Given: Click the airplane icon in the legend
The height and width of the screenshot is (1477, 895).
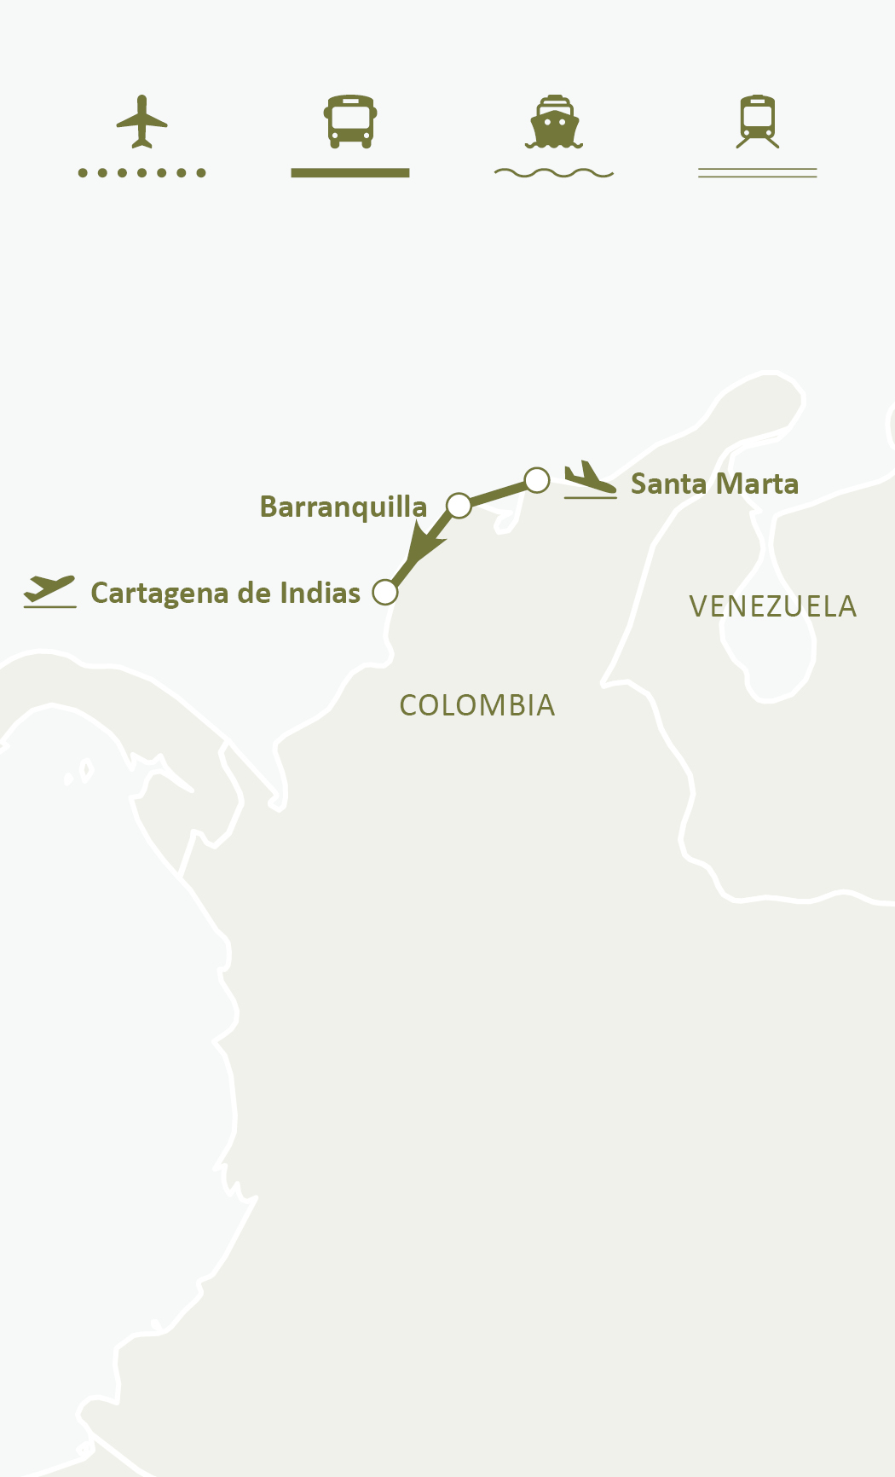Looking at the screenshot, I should pos(141,121).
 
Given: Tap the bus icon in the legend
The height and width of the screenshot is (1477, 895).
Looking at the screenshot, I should pos(350,121).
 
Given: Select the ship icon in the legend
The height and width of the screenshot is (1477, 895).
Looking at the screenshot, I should pos(554,121).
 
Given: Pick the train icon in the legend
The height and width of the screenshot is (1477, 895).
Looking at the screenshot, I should pos(758,121).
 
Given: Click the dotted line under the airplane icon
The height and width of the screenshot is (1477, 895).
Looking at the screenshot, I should pos(141,173).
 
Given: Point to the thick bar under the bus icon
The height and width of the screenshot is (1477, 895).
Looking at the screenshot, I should pos(350,173).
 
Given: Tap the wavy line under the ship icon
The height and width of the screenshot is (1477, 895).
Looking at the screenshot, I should pos(554,173).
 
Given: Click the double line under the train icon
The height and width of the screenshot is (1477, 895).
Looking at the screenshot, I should pos(758,173).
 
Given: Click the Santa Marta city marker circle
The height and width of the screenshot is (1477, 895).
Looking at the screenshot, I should pos(537,480).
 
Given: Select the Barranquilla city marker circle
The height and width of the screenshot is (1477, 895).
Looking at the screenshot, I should pos(459,506).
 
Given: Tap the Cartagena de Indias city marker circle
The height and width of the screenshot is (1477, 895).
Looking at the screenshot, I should pos(385,592).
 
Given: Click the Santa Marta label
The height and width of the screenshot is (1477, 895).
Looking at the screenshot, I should pos(714,484).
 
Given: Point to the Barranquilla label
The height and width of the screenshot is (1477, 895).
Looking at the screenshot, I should pos(343,507).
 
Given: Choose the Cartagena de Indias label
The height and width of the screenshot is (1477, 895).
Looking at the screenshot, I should pos(225,593).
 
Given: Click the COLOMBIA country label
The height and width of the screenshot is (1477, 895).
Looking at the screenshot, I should pos(476,705).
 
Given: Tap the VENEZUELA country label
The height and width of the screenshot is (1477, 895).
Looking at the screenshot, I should pos(772,606).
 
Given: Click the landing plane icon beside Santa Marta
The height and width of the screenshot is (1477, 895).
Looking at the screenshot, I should pos(590,479).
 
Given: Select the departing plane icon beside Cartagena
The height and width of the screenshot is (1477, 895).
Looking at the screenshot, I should pos(50,590).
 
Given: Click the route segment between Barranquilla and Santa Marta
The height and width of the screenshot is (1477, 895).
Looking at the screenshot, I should pos(498,493).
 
